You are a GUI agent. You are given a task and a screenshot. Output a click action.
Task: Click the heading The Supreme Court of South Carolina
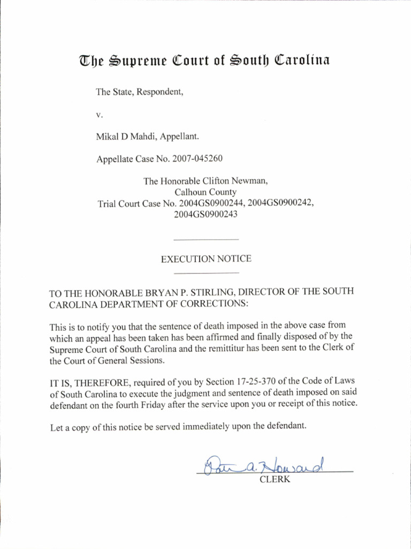205,60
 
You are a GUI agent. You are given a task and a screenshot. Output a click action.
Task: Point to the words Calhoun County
205,192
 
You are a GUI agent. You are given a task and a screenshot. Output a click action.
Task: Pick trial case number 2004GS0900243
205,214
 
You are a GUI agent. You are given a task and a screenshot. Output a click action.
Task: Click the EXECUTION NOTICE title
206,259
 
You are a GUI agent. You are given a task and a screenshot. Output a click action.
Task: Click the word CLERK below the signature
275,480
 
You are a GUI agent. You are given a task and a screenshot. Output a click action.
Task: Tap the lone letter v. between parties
98,115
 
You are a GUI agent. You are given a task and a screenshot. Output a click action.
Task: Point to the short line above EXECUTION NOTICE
206,239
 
